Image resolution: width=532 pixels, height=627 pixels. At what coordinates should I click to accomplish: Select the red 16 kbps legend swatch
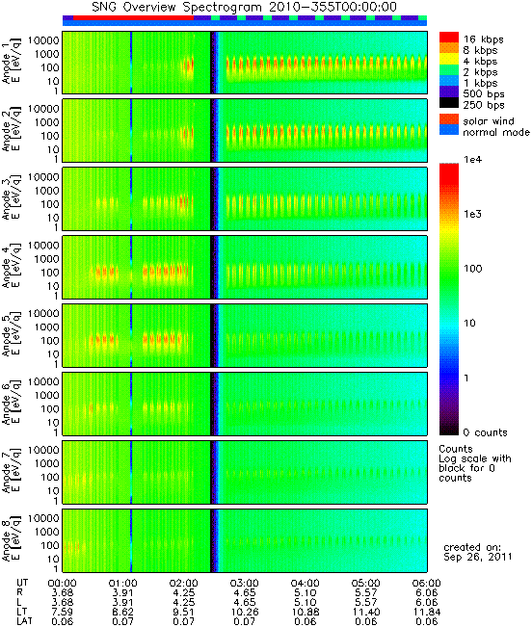pyautogui.click(x=449, y=38)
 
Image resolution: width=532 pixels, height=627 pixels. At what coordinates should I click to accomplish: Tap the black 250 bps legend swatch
pyautogui.click(x=449, y=103)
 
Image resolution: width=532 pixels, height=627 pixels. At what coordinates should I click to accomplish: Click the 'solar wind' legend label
pyautogui.click(x=488, y=120)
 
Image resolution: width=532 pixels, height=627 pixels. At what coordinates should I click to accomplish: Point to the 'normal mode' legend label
pyautogui.click(x=496, y=132)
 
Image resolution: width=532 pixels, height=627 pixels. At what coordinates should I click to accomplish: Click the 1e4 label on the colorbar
pyautogui.click(x=472, y=160)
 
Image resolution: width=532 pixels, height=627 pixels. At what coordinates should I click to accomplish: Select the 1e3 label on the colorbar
pyautogui.click(x=472, y=214)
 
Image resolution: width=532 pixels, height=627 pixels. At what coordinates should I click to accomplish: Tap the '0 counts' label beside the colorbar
pyautogui.click(x=485, y=432)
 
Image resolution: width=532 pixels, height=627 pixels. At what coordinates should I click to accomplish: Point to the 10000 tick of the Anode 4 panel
pyautogui.click(x=43, y=246)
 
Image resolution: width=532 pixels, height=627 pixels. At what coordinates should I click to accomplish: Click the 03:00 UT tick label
pyautogui.click(x=245, y=584)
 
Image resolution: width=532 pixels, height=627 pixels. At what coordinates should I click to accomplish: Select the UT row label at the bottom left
pyautogui.click(x=22, y=583)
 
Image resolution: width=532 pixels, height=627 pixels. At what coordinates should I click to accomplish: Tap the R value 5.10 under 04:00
pyautogui.click(x=306, y=592)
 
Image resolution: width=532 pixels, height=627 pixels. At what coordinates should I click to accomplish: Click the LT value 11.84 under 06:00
pyautogui.click(x=426, y=612)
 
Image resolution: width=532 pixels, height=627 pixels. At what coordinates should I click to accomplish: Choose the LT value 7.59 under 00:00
pyautogui.click(x=63, y=612)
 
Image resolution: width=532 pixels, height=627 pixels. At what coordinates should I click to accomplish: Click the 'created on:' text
pyautogui.click(x=472, y=547)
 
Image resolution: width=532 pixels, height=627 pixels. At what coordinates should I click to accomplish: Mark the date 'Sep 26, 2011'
pyautogui.click(x=477, y=557)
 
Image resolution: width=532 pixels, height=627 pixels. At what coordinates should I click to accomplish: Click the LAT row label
pyautogui.click(x=24, y=621)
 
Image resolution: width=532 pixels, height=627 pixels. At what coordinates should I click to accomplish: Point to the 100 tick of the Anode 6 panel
pyautogui.click(x=50, y=408)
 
